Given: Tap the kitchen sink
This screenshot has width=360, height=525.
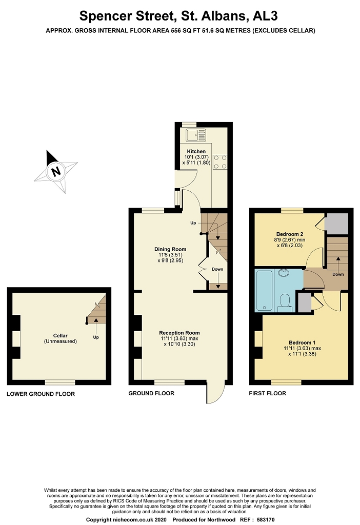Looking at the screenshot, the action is coord(196,135).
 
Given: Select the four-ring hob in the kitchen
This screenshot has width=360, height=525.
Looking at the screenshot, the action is coord(219,161).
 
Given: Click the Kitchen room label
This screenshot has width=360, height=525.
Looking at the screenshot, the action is coord(196,151).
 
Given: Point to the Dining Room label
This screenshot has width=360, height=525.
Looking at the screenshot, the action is coord(170,249).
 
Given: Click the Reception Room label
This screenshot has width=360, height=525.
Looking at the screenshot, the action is coord(179,333).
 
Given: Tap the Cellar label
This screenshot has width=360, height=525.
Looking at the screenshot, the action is coord(61,335).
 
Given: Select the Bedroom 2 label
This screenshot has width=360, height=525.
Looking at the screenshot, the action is coord(290,234).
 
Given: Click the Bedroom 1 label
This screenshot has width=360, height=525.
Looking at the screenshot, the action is coord(302,342).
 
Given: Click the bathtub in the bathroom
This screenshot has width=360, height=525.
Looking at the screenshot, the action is coord(264,291).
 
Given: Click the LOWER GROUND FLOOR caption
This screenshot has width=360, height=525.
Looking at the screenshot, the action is coord(41,394).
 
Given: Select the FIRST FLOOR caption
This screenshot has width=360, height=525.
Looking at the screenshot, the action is coord(268,393).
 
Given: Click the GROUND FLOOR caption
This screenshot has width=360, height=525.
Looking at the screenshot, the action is coord(151,393).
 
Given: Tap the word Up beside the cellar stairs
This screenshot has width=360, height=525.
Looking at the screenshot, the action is coord(96,337).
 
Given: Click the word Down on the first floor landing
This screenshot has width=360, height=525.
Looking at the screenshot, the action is coord(338,274).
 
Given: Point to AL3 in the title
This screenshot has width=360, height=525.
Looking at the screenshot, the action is coord(265,16).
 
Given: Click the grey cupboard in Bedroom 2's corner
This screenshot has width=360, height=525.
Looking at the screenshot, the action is coord(336,224).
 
